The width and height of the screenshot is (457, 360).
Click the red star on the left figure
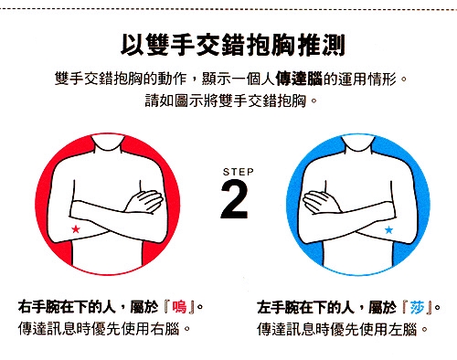click(x=76, y=228)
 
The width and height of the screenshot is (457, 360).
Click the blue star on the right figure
click(x=388, y=229)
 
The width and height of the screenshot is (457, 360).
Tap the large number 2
click(x=234, y=199)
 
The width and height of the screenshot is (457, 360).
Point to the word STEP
click(x=239, y=172)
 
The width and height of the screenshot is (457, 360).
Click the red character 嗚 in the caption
click(x=179, y=307)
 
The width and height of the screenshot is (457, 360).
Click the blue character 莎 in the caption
click(x=418, y=307)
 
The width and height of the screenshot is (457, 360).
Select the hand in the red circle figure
click(x=144, y=201)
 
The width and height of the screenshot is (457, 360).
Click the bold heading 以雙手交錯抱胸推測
click(x=233, y=45)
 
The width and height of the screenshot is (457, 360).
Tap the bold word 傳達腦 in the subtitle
click(x=299, y=79)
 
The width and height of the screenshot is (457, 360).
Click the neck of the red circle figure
click(x=108, y=143)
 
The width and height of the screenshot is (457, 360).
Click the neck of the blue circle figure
click(x=358, y=143)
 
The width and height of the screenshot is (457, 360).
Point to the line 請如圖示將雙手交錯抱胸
click(x=226, y=101)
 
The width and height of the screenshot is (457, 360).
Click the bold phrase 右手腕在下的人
click(x=67, y=307)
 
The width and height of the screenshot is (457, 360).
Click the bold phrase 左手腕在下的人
click(x=305, y=307)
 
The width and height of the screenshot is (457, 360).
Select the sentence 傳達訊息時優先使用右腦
click(x=99, y=329)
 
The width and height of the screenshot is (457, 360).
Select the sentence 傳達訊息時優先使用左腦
click(x=337, y=329)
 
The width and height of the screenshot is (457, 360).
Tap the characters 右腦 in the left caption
click(x=165, y=329)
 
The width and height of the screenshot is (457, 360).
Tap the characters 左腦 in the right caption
click(x=402, y=329)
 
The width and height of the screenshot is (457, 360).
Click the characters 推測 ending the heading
click(x=322, y=45)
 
